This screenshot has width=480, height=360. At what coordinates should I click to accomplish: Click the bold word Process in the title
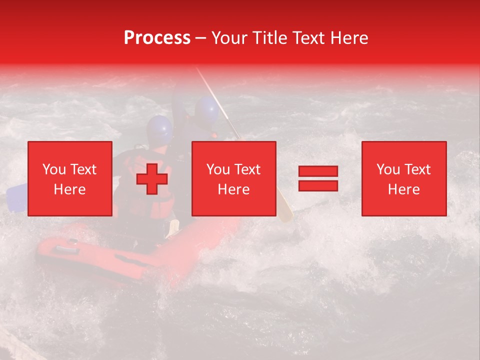[157, 38]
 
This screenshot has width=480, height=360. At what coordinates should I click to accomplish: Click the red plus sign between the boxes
[152, 178]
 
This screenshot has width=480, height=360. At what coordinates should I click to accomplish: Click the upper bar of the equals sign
[318, 171]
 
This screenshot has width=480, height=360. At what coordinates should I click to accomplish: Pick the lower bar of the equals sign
[318, 185]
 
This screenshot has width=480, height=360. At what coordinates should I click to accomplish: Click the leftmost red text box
[69, 178]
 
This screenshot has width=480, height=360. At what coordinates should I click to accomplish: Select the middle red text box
[233, 178]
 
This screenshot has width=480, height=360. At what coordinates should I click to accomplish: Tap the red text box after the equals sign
[403, 178]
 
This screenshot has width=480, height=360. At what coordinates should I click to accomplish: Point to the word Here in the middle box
[233, 189]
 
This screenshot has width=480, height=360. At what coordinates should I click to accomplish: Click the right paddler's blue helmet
[206, 110]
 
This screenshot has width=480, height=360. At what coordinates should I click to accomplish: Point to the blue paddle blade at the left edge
[16, 197]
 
